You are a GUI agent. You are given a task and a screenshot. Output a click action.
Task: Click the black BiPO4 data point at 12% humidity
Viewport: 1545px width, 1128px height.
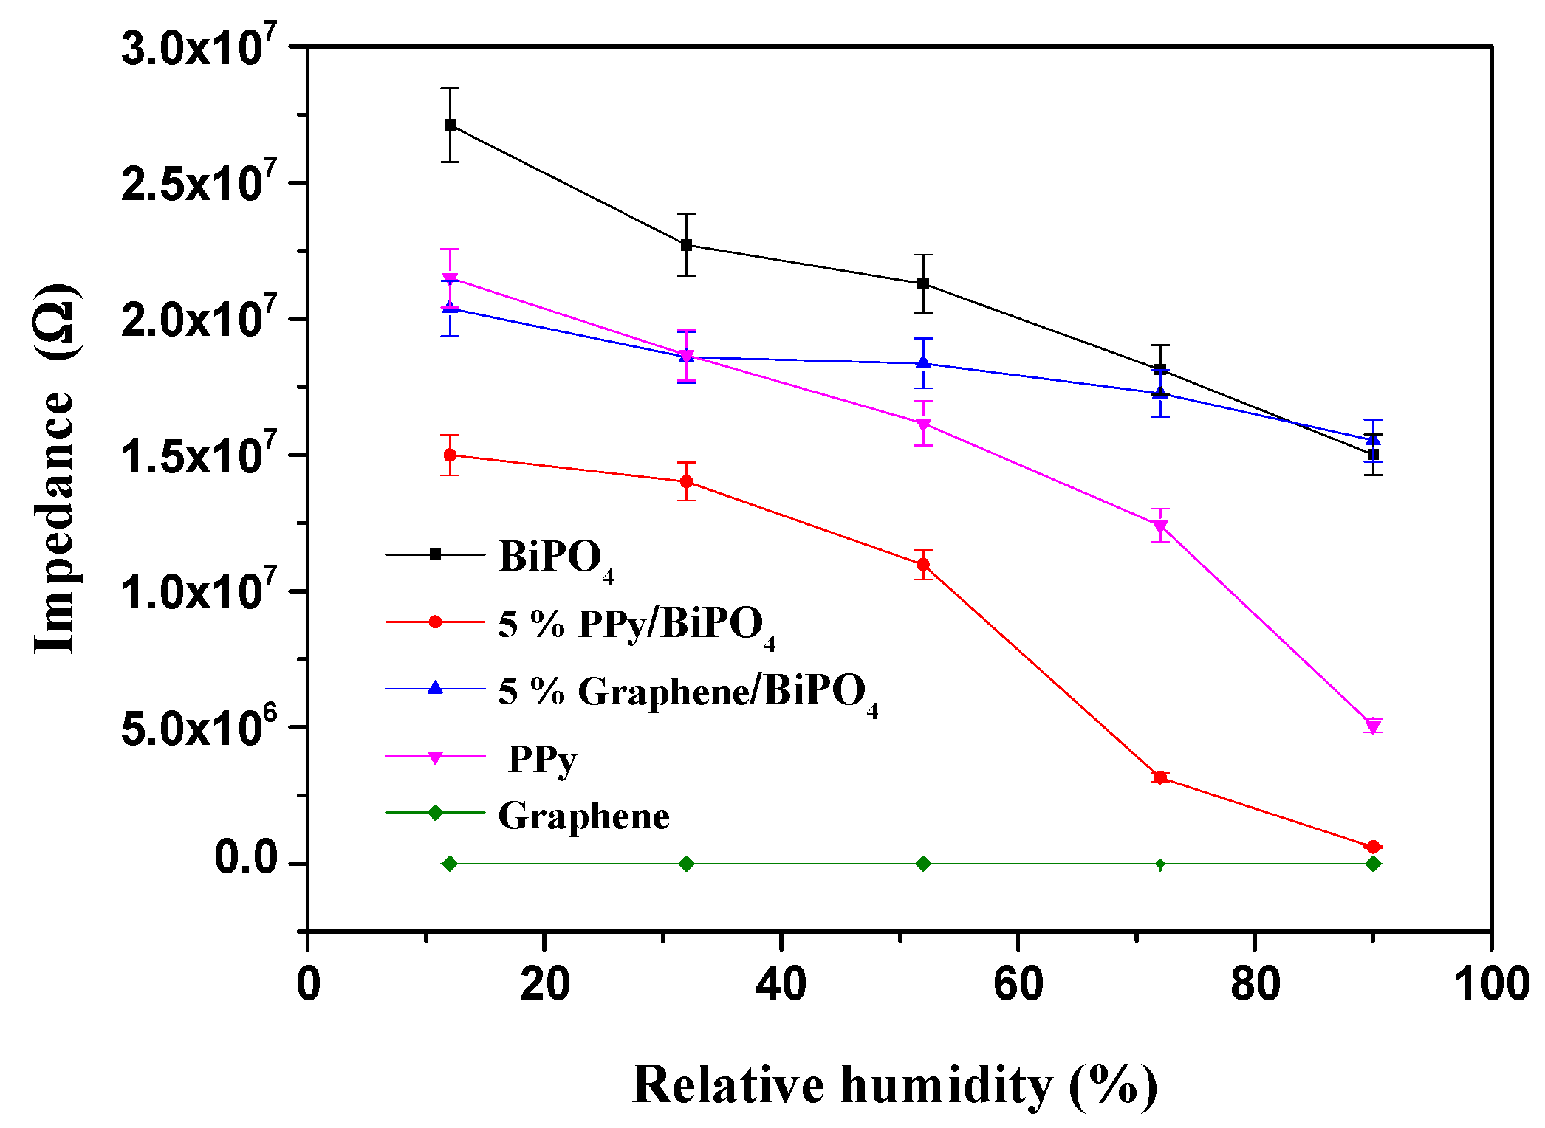[450, 125]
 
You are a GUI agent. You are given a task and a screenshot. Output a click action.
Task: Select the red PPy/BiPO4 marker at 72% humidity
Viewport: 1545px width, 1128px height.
[1160, 777]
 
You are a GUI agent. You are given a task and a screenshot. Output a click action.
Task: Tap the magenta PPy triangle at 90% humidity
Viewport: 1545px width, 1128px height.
[1373, 726]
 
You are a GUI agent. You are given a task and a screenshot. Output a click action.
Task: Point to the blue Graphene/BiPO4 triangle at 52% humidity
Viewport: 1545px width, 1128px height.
[923, 362]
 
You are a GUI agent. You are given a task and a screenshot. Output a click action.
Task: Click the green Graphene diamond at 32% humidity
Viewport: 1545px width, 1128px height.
[686, 864]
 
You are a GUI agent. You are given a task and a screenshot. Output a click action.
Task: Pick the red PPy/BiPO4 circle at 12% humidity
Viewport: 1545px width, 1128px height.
[450, 455]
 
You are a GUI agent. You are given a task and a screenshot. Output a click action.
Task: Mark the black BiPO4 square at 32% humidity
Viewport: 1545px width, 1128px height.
[686, 245]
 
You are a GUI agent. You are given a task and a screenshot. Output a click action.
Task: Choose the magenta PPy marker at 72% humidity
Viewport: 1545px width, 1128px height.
[1160, 527]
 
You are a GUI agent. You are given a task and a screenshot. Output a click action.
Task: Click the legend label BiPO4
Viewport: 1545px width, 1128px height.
[555, 558]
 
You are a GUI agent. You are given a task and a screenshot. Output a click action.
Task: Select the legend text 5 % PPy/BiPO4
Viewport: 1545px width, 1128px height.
[636, 625]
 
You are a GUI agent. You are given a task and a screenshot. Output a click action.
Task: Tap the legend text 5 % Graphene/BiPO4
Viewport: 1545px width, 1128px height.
[687, 693]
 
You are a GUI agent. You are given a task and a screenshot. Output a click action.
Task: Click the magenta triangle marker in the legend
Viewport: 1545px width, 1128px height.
[435, 757]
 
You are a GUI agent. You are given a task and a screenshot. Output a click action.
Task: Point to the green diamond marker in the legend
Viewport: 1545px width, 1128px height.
[435, 813]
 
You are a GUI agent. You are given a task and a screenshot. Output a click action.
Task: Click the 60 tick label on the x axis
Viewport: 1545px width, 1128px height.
[1018, 985]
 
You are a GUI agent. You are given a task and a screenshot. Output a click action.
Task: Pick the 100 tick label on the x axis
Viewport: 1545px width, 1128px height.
[1490, 985]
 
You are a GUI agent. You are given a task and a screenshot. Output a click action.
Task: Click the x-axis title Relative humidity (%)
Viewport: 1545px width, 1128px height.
[894, 1085]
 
